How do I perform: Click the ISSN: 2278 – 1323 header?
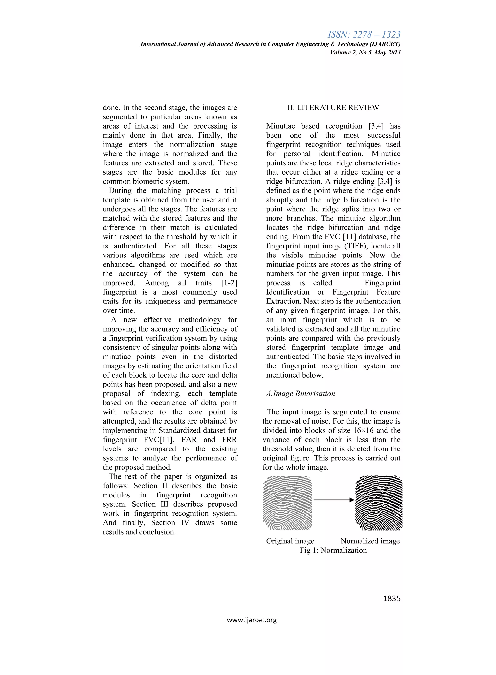pos(364,35)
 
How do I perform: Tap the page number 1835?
pos(392,598)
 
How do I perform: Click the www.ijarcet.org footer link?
pos(252,620)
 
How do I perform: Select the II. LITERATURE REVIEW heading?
pos(333,108)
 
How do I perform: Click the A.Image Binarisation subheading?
pos(300,393)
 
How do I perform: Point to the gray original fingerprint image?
pos(287,503)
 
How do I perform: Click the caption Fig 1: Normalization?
pos(333,550)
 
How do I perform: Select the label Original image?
pos(290,541)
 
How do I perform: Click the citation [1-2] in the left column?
pos(229,283)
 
